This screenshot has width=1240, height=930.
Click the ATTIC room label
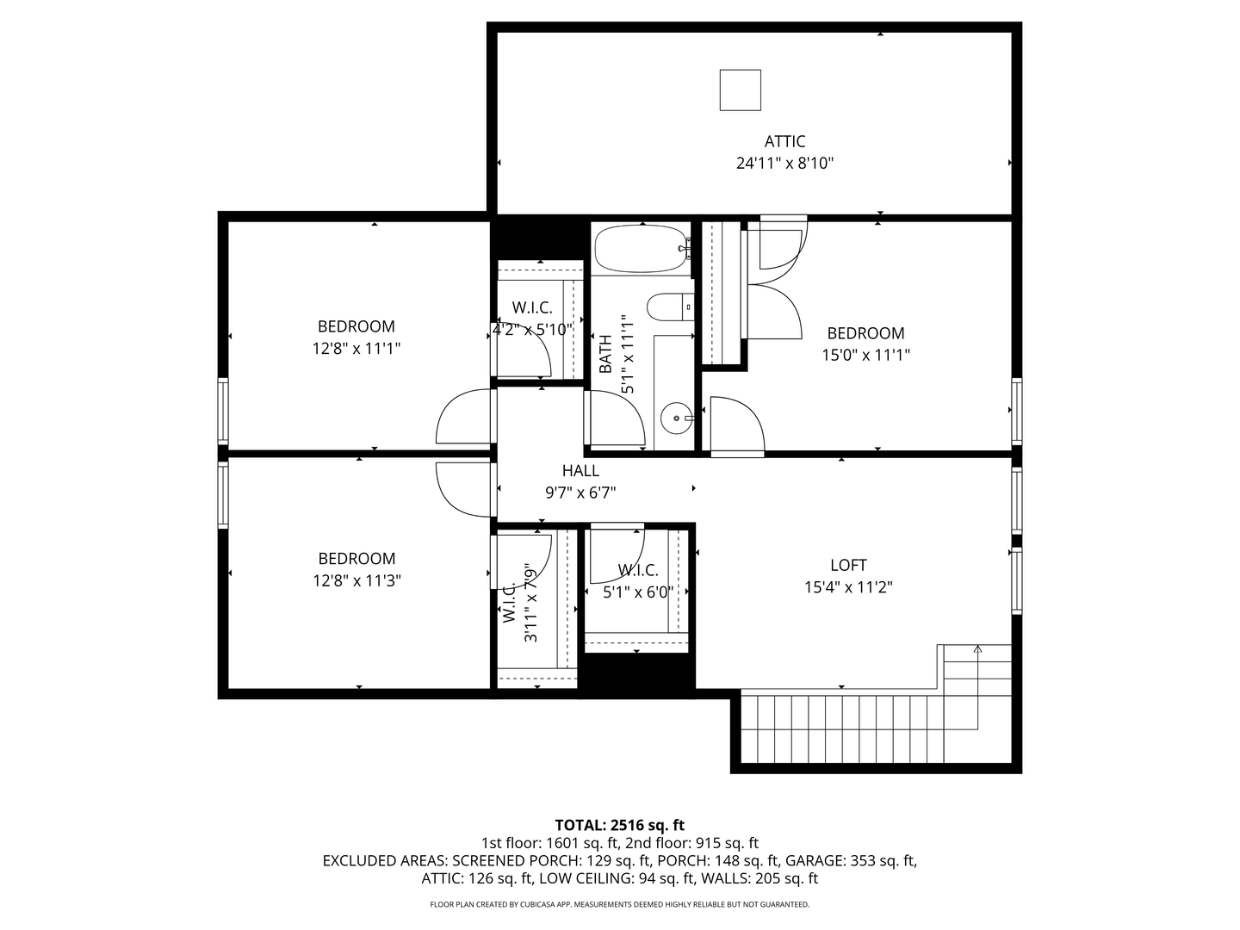[784, 141]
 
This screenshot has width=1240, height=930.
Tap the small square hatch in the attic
[740, 90]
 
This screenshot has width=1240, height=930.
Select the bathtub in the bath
[643, 249]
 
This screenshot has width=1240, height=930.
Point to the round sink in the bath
[676, 418]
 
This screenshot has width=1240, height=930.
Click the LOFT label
[848, 565]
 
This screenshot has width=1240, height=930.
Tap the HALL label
[580, 470]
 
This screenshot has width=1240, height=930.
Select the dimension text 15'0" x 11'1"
[865, 355]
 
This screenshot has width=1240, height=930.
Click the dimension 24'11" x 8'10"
[784, 164]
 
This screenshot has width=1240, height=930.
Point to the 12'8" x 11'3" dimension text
[357, 580]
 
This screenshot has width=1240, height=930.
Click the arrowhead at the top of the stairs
[977, 649]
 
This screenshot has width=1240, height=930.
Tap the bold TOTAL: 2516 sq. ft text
[620, 826]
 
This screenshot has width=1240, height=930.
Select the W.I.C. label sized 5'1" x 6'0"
[638, 570]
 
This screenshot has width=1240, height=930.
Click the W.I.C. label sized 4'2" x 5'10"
[532, 307]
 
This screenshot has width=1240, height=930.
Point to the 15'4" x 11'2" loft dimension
[848, 587]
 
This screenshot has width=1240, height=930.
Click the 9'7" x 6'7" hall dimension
[580, 493]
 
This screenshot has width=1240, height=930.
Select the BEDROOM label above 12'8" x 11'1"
[356, 326]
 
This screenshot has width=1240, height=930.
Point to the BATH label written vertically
[605, 354]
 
